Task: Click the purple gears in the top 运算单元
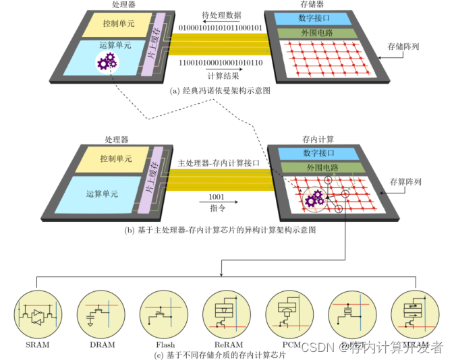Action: (x=107, y=63)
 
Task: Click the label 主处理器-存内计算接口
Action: (x=219, y=163)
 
